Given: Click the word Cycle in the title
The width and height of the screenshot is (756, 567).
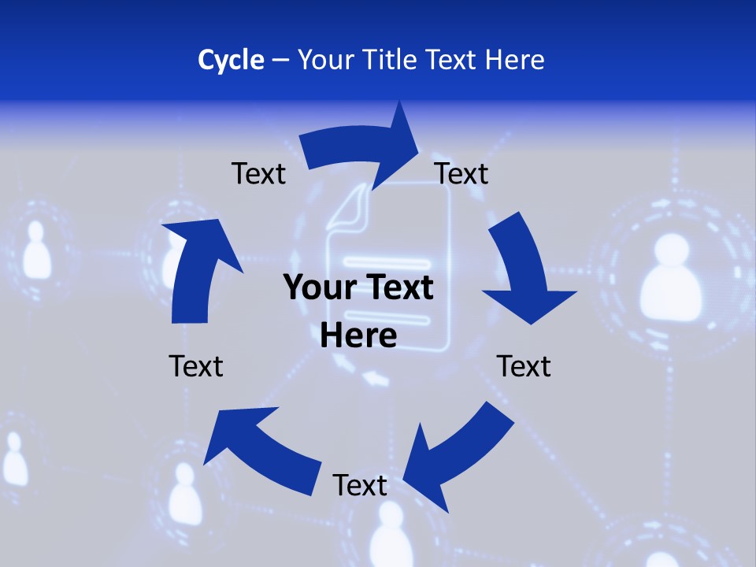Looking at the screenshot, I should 231,60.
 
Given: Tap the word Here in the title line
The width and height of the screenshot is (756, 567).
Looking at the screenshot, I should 514,60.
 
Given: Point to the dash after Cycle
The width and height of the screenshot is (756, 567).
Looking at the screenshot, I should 280,61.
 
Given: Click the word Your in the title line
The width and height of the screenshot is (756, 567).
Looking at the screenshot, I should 325,60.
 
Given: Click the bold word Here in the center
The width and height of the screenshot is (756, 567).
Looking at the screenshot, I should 358,335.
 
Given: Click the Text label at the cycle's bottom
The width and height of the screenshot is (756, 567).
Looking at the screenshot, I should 360,485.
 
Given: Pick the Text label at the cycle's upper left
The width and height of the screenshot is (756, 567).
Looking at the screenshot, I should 258,173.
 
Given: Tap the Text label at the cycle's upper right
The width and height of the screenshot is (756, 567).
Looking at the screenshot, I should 461,173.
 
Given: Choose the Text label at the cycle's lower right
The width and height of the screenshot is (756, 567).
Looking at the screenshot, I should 524,366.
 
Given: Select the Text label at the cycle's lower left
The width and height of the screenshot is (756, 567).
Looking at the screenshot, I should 196,366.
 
